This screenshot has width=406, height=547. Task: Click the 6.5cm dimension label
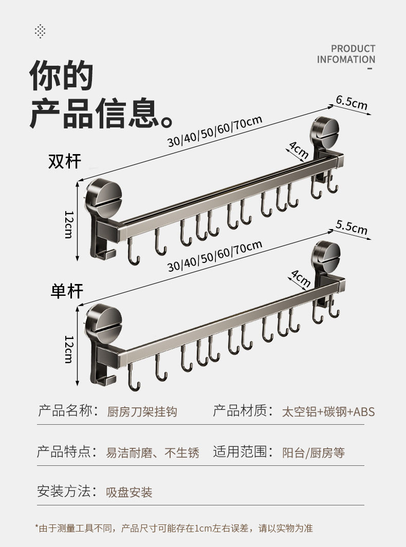coord(352,102)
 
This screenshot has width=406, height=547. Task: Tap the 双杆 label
coord(65,161)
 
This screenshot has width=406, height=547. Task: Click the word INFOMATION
coord(346,60)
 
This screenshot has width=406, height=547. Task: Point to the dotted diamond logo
coord(40,31)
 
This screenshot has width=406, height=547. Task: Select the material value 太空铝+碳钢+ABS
coord(328,412)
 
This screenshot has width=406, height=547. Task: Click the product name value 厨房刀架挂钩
coord(142,412)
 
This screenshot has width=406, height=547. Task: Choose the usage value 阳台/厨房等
coord(313,453)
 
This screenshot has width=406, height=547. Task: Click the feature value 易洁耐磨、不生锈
coord(152,453)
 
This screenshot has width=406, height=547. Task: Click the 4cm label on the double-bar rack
coord(298,150)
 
